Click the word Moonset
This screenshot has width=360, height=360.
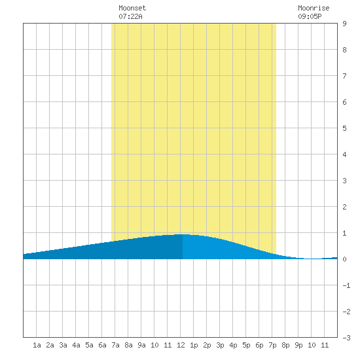click(x=132, y=8)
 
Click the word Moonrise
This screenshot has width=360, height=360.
click(x=314, y=8)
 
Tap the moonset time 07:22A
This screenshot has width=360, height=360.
click(x=130, y=16)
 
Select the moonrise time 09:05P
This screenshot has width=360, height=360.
click(x=310, y=16)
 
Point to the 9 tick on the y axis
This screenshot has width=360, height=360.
click(x=344, y=24)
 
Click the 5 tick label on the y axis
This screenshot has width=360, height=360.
click(x=344, y=128)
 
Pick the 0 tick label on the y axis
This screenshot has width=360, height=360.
click(x=344, y=259)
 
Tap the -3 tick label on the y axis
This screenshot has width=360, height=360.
click(x=346, y=338)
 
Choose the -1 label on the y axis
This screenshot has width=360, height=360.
click(x=346, y=285)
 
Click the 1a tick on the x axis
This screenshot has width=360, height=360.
click(x=37, y=345)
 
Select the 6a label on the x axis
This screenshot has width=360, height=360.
click(x=102, y=345)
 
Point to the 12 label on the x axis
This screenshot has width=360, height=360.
click(x=181, y=345)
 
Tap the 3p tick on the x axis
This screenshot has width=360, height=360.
click(x=220, y=345)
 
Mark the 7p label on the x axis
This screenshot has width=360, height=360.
click(x=272, y=345)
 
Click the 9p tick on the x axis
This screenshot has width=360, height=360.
click(x=298, y=345)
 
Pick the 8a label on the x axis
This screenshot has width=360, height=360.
click(x=128, y=345)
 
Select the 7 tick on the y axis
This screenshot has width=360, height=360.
click(x=344, y=76)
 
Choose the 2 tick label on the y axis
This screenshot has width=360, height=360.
click(x=344, y=207)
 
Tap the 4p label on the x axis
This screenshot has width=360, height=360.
click(x=233, y=345)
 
